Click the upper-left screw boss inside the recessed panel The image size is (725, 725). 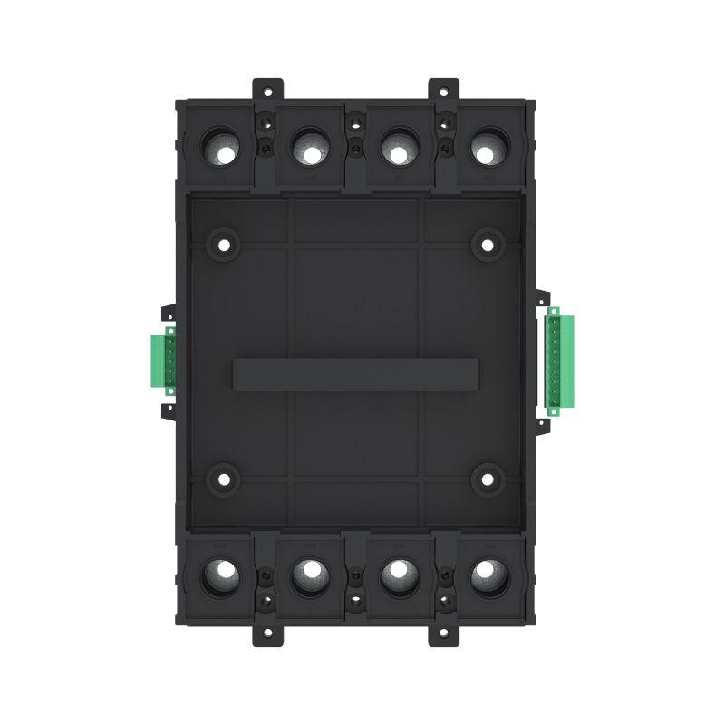(x=222, y=243)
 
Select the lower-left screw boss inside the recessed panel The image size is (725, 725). (x=222, y=478)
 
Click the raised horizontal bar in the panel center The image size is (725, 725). (x=355, y=374)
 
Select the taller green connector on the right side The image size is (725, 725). (x=554, y=360)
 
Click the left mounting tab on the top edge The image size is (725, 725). (x=267, y=88)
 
